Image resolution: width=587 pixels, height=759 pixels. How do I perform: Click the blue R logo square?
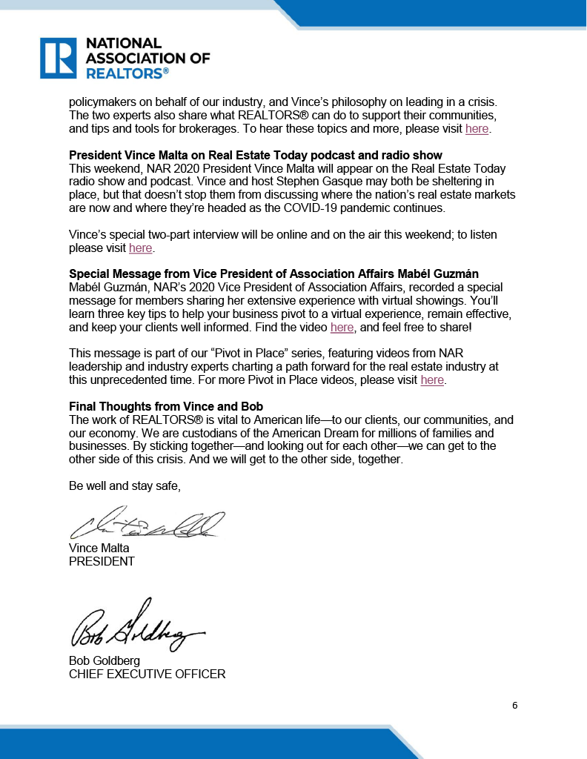click(58, 58)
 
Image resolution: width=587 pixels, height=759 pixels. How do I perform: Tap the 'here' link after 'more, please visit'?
click(477, 129)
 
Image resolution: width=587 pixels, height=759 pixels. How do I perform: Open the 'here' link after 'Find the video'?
click(342, 327)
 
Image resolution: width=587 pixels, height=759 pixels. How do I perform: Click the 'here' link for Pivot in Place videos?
click(432, 379)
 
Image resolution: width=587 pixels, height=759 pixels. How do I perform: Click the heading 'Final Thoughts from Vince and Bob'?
click(166, 407)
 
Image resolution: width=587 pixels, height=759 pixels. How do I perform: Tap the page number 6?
click(514, 705)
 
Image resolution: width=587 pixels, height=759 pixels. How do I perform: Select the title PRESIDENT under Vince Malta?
click(102, 561)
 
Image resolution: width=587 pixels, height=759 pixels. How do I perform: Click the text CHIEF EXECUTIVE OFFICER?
click(147, 674)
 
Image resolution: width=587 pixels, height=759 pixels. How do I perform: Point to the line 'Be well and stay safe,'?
click(125, 486)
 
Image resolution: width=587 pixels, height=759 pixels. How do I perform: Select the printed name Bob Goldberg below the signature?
click(105, 660)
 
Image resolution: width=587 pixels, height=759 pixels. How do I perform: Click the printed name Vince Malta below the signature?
click(99, 548)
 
